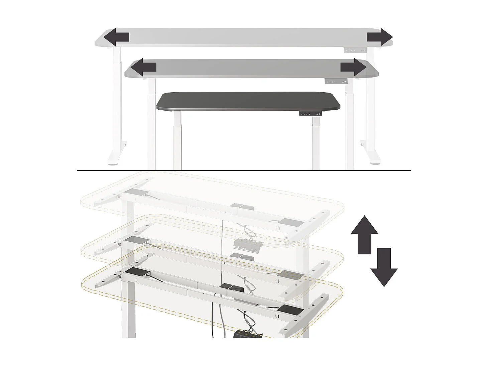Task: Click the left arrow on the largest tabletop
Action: click(x=116, y=37)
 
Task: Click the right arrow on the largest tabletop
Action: click(x=380, y=37)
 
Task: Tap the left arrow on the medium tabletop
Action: click(x=143, y=67)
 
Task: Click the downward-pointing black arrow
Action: click(x=384, y=267)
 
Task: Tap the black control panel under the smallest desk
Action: click(x=311, y=114)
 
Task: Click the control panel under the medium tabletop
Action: click(x=336, y=82)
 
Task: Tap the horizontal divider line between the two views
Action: click(x=244, y=170)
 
